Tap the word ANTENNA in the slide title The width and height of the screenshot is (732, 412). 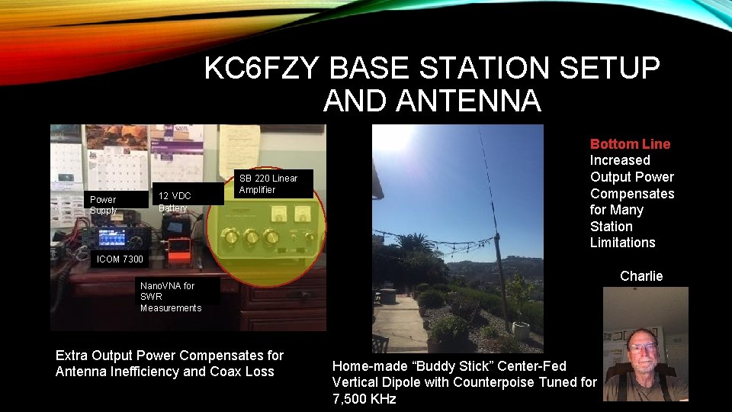coord(432,101)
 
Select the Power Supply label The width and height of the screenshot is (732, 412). coord(103,204)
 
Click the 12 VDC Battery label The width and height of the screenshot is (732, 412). coord(175,201)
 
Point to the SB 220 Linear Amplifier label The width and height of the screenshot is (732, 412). coord(268,183)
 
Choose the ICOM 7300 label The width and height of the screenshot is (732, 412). coord(119,259)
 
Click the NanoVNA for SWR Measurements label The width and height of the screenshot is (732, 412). coord(170,296)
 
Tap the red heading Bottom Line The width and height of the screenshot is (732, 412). coord(630,144)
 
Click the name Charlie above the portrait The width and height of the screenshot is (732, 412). coord(641,276)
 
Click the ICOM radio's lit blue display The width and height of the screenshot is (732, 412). coord(112,236)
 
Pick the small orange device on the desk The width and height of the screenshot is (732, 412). coord(179,250)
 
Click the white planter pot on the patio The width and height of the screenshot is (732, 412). coord(521,330)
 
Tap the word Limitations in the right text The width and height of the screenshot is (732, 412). coord(622,243)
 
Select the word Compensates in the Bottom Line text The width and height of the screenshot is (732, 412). coord(631,194)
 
